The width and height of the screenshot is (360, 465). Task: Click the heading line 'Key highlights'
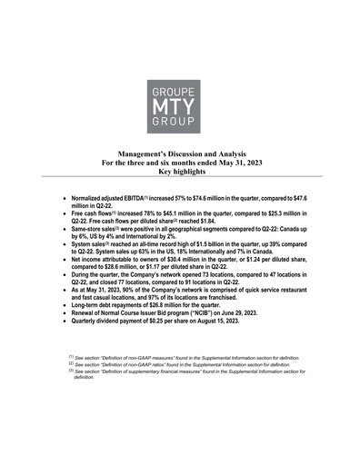pos(180,171)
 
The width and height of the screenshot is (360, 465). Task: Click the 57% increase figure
pos(170,196)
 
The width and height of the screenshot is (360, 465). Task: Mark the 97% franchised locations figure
pos(146,297)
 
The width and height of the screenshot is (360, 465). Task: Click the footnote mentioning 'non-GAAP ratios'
pos(182,363)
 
